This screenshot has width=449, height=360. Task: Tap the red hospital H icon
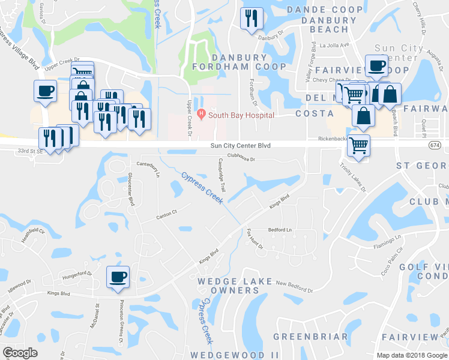(202, 114)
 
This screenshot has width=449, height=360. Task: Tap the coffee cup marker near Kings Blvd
(118, 277)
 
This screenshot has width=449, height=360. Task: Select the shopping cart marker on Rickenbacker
(358, 145)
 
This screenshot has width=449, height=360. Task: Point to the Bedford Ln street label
(280, 230)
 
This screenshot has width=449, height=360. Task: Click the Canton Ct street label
(167, 214)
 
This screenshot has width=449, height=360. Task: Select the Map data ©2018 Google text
(412, 355)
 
